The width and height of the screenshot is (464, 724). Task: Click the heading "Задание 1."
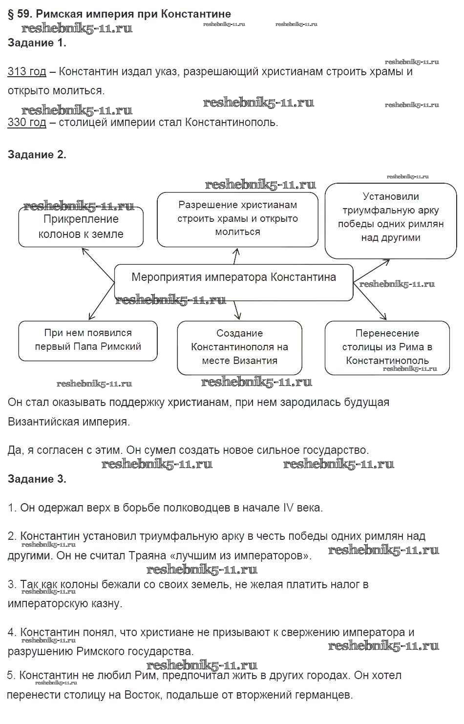(x=37, y=43)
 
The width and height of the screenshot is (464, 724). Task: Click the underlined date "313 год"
(x=27, y=72)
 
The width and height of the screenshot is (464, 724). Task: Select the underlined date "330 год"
(x=27, y=122)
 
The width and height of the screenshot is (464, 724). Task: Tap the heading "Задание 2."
(x=37, y=155)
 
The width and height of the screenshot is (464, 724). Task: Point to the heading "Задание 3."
(x=37, y=479)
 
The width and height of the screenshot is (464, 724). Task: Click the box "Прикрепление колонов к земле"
(x=81, y=227)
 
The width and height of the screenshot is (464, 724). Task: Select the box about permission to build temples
(x=237, y=219)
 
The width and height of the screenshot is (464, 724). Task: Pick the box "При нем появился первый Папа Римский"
(x=88, y=341)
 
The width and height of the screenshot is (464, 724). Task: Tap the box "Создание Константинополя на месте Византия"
(x=239, y=347)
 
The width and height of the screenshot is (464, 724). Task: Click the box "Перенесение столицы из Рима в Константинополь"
(x=387, y=347)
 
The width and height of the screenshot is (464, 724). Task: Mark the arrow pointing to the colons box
(x=98, y=264)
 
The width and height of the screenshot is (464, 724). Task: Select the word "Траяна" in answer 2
(x=146, y=555)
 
